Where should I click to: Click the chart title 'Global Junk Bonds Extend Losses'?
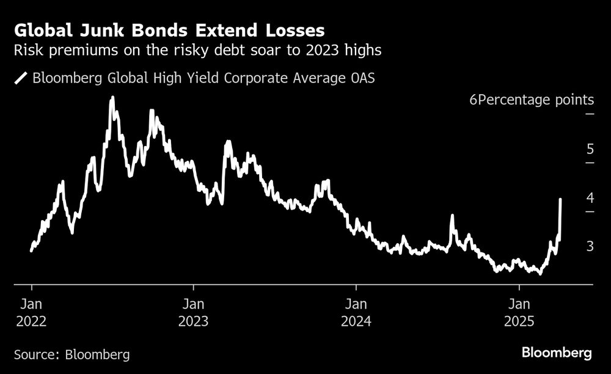coord(169,30)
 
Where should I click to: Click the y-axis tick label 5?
coord(590,148)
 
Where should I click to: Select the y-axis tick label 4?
coord(590,197)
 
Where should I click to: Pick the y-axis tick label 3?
coord(590,246)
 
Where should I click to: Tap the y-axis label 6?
coord(472,100)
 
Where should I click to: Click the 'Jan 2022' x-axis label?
coord(31,312)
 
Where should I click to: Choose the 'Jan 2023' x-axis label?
coord(193,312)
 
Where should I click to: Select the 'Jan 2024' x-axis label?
coord(356,312)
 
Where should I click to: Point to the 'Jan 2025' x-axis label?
coord(519,312)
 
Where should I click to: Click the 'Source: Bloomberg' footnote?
coord(71,354)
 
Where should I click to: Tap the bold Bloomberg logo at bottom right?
coord(556,353)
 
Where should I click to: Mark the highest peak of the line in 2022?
coord(112,98)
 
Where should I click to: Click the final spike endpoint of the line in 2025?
coord(561,199)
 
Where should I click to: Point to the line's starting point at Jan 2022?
coord(31,250)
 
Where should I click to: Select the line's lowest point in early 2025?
coord(540,273)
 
